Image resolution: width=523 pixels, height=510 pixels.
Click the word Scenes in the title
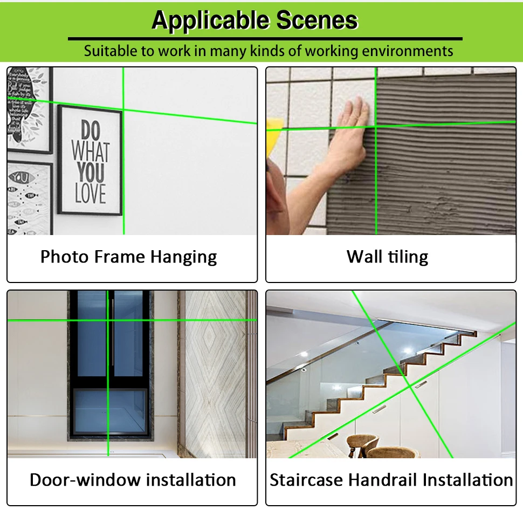pyautogui.click(x=317, y=20)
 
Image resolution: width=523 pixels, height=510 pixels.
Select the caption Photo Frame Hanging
pyautogui.click(x=128, y=257)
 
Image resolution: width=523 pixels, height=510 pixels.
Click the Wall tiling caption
pyautogui.click(x=387, y=257)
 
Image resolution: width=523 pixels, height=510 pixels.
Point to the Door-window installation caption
pyautogui.click(x=133, y=480)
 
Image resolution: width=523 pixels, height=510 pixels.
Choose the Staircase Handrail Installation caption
pyautogui.click(x=391, y=480)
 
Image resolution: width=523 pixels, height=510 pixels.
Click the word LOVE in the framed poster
pyautogui.click(x=90, y=193)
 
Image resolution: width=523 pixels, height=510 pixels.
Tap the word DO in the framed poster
pyautogui.click(x=91, y=131)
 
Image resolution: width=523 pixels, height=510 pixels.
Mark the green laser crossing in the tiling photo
pyautogui.click(x=376, y=127)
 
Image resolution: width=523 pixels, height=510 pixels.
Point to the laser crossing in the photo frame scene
pyautogui.click(x=123, y=110)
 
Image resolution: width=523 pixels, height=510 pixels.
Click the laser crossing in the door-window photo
pyautogui.click(x=108, y=320)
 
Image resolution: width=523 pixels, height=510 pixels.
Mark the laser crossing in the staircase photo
pyautogui.click(x=410, y=386)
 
